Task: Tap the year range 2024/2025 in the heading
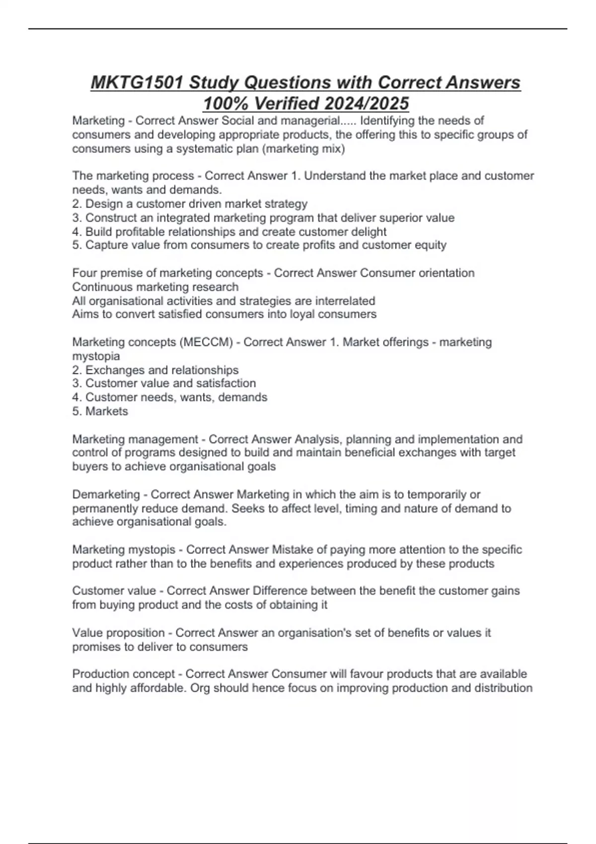pyautogui.click(x=366, y=103)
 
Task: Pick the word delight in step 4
pyautogui.click(x=369, y=231)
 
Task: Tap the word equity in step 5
pyautogui.click(x=431, y=245)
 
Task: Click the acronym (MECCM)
pyautogui.click(x=207, y=342)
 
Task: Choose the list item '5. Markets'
pyautogui.click(x=100, y=411)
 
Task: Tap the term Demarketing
pyautogui.click(x=106, y=494)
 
